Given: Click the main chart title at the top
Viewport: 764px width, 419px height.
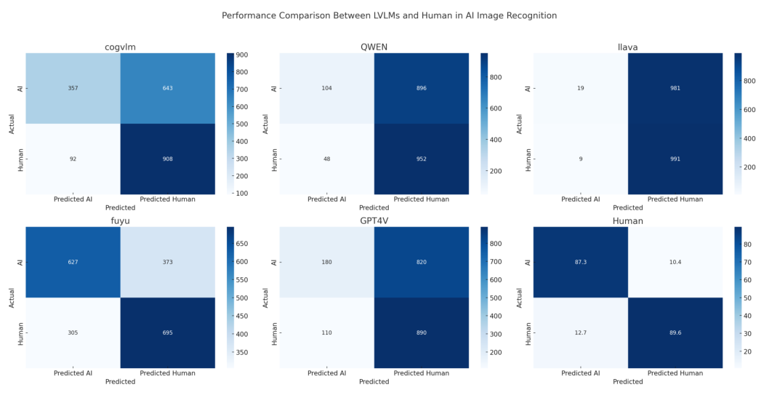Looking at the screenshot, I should tap(389, 15).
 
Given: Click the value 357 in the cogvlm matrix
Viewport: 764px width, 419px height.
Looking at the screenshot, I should tap(72, 88).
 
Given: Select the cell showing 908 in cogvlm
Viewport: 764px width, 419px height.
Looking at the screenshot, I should tap(167, 159).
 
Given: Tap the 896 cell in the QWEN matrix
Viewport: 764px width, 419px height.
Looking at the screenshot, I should tap(422, 88).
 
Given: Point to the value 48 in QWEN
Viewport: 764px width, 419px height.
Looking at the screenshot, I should tap(326, 159).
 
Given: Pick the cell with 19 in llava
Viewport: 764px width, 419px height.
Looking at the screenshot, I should tap(580, 88).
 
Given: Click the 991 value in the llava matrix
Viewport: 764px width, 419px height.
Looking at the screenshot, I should tap(675, 159).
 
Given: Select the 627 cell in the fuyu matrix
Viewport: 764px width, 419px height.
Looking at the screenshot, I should tap(72, 262).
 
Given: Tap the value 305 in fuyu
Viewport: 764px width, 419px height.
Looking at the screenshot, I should tap(72, 332).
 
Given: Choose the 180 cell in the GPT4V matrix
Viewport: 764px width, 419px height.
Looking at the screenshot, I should tap(326, 262).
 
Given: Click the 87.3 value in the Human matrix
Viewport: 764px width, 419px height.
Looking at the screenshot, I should tap(580, 262).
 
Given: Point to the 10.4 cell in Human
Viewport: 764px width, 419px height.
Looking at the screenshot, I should tap(675, 262).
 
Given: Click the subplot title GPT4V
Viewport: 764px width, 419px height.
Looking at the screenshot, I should tap(374, 221).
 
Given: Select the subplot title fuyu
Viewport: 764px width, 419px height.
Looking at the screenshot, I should tap(120, 221).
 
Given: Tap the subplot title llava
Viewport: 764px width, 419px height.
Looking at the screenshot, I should tap(628, 47).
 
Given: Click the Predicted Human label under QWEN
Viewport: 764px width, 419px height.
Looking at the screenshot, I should tap(422, 199).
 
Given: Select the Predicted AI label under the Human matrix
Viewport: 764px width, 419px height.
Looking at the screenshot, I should tap(580, 373).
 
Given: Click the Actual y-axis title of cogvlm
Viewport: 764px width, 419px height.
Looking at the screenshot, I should tap(12, 124).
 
